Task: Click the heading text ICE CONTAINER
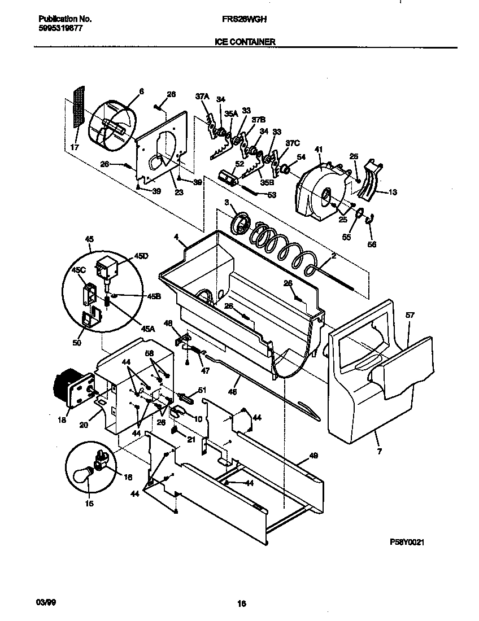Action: coord(245,42)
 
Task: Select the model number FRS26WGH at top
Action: coord(245,19)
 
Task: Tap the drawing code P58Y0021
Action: coord(407,542)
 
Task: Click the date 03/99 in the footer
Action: coord(36,603)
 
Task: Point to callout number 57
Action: coord(410,316)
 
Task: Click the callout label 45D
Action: coord(141,256)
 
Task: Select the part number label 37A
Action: coord(202,97)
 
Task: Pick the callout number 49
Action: coord(313,454)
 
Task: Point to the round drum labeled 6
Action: coord(113,127)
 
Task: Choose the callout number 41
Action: coord(319,149)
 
